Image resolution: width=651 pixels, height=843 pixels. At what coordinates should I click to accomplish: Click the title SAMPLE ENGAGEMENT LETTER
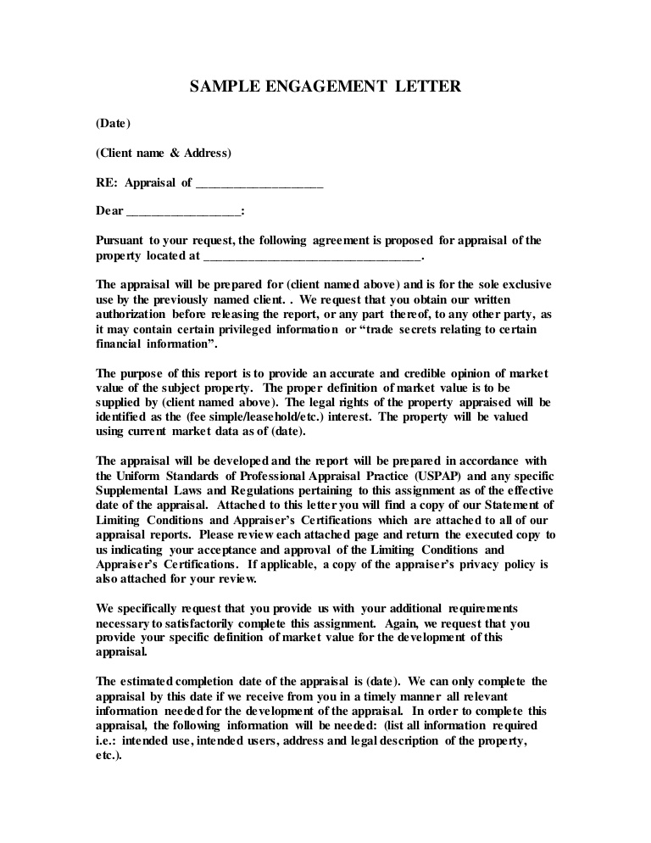click(325, 87)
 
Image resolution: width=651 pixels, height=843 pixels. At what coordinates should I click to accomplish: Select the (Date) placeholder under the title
click(113, 124)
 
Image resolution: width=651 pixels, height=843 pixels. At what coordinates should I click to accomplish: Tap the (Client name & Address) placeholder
click(163, 154)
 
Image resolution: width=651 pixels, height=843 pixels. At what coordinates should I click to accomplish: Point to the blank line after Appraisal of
click(259, 184)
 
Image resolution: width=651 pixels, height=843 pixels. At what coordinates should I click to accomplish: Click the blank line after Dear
click(185, 212)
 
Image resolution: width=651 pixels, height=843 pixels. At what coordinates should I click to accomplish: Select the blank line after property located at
click(312, 255)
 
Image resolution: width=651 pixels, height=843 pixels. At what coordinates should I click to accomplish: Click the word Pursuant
click(121, 241)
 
